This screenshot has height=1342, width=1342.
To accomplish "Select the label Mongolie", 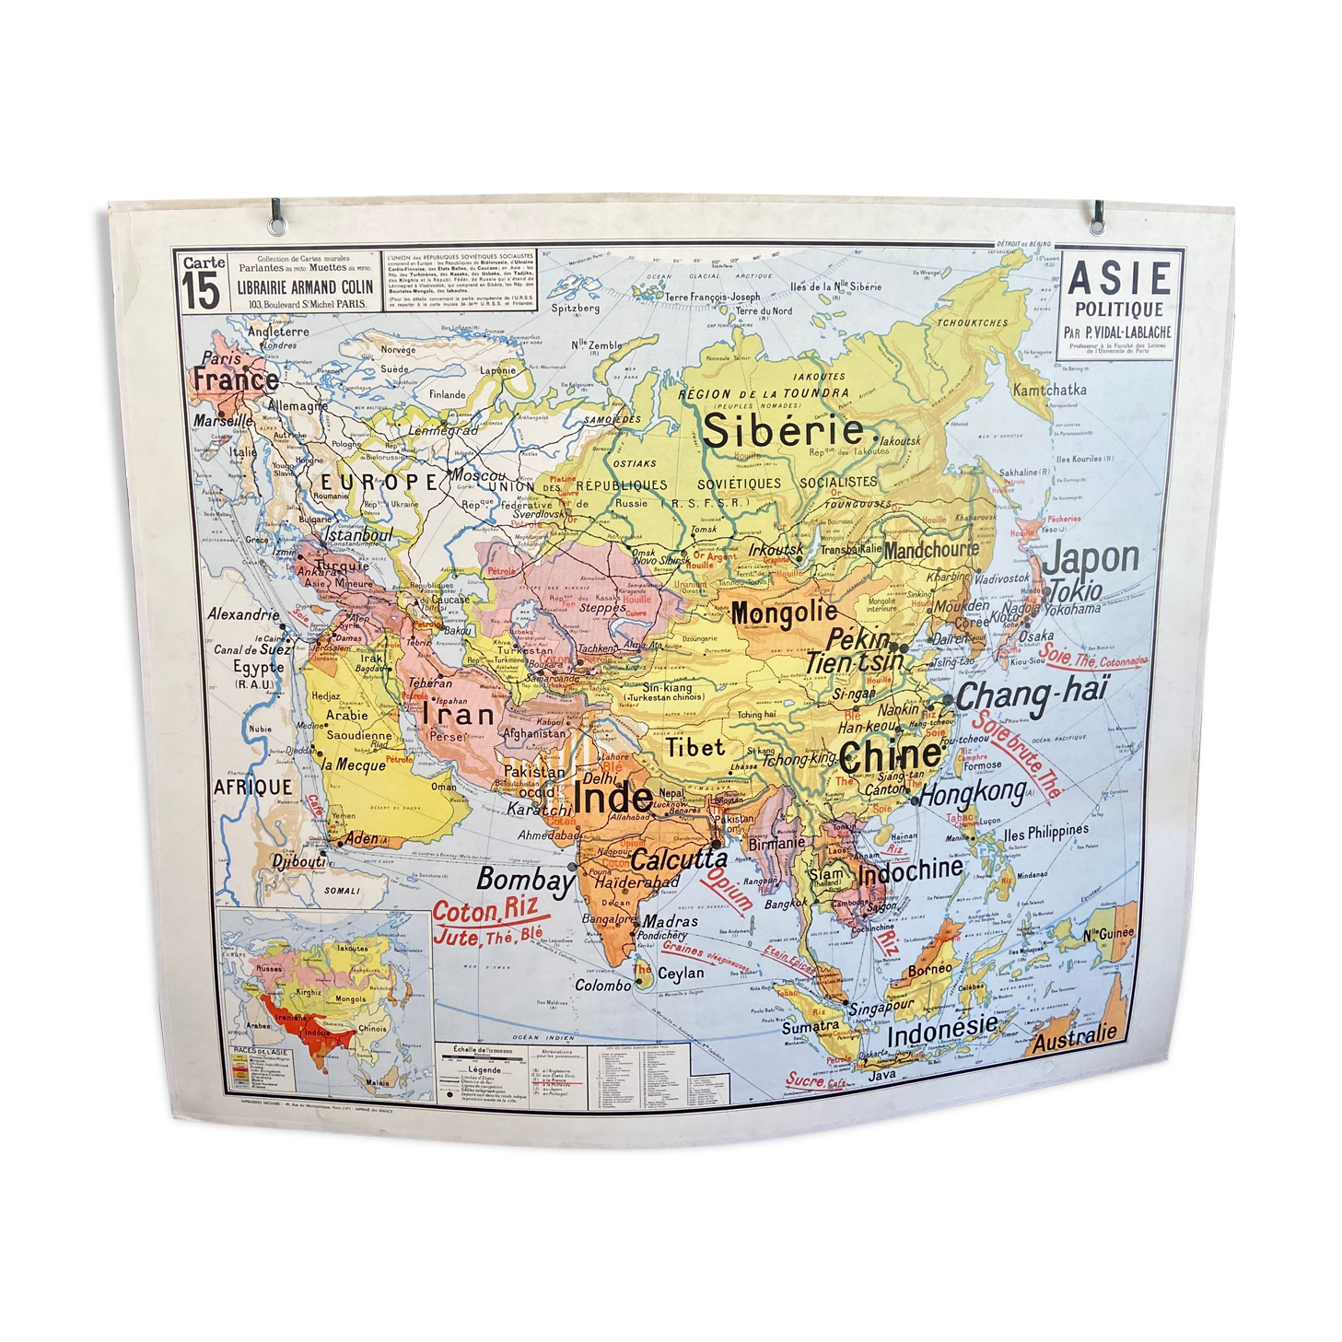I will click(784, 613).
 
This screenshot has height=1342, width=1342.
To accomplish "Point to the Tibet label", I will click(695, 748).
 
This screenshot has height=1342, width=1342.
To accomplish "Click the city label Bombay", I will click(525, 881).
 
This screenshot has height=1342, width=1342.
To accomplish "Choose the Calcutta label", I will click(679, 859).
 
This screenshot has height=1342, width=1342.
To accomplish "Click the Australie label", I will click(1074, 1038).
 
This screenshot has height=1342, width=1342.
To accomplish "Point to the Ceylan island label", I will click(681, 973).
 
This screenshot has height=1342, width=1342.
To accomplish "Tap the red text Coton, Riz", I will click(484, 912).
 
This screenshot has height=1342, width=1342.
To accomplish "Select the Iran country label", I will click(458, 715).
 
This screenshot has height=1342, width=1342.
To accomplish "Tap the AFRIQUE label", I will click(252, 788).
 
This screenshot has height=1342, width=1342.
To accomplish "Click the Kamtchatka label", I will click(1049, 391).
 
